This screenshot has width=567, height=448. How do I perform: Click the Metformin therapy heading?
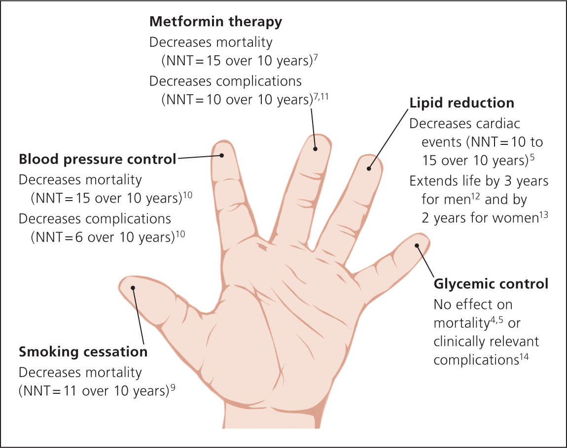click(x=215, y=22)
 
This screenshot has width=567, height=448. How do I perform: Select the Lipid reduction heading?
click(x=461, y=103)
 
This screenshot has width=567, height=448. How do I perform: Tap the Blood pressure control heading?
click(x=97, y=159)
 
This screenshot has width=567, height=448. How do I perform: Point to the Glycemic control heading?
click(x=491, y=284)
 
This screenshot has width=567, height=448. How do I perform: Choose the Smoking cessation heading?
click(x=83, y=352)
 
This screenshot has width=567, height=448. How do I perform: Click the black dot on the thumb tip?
click(x=133, y=288)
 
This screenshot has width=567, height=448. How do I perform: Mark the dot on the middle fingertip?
click(x=315, y=148)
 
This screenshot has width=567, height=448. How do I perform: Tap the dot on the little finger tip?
click(x=417, y=245)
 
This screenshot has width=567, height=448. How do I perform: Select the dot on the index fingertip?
click(x=222, y=155)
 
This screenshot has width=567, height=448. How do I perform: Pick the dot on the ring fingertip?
click(x=369, y=169)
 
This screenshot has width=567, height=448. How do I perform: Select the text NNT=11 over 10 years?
click(x=93, y=392)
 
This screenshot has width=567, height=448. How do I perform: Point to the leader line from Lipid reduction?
click(x=389, y=138)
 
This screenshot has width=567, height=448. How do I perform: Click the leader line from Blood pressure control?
click(x=199, y=157)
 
